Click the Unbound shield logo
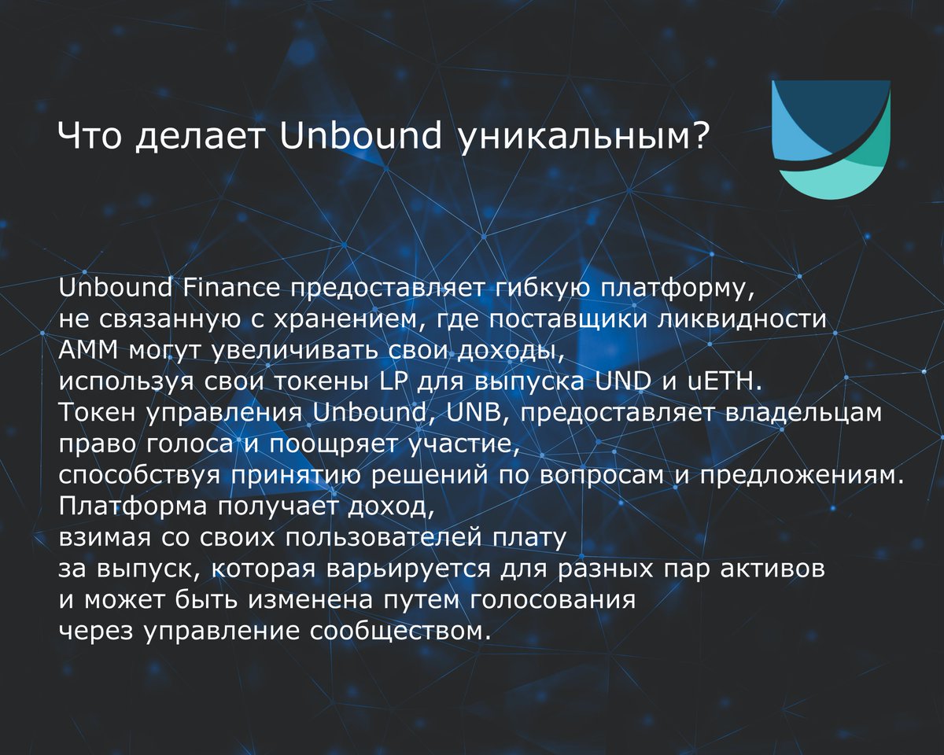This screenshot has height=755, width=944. click(831, 139)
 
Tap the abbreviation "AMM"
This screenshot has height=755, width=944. click(88, 351)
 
